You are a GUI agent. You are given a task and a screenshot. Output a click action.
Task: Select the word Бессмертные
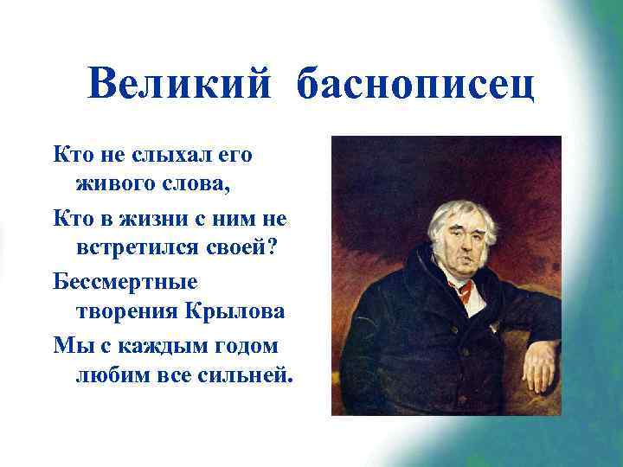click(x=125, y=282)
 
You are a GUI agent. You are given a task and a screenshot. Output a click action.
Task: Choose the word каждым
click(x=152, y=345)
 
